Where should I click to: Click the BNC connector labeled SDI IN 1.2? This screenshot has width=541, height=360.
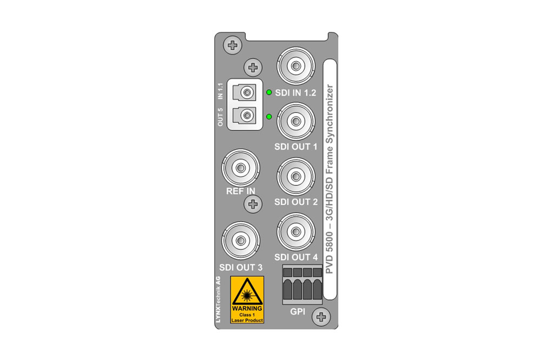[296, 66]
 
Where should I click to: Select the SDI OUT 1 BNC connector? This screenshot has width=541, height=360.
[296, 121]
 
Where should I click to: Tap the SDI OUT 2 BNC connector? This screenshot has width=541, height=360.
[296, 177]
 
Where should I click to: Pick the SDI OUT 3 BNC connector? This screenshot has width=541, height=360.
[241, 241]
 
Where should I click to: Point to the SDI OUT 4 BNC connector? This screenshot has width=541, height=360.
[296, 232]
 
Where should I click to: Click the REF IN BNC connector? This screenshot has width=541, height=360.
[241, 168]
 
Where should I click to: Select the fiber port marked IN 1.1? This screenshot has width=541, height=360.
[245, 92]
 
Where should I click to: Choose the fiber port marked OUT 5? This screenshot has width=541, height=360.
[245, 115]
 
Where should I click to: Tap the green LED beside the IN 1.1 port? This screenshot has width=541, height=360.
[269, 92]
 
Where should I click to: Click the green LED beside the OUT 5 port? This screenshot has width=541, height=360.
[269, 117]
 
